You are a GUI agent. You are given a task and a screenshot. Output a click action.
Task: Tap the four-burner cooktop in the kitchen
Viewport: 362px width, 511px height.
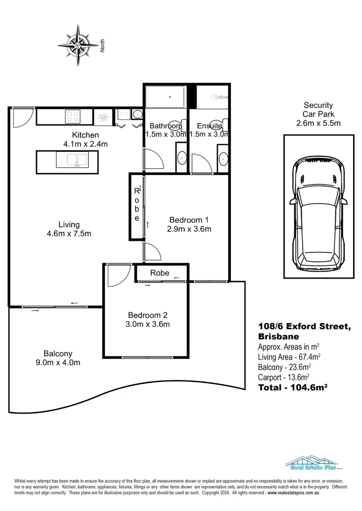73,116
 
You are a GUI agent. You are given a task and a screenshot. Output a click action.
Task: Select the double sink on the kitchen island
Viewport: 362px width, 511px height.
72,159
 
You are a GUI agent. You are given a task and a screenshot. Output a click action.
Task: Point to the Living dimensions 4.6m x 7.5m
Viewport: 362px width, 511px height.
69,233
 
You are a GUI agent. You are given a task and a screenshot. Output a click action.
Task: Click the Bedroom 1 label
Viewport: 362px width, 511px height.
189,220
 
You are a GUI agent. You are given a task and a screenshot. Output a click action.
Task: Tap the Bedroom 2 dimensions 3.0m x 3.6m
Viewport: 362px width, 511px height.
148,324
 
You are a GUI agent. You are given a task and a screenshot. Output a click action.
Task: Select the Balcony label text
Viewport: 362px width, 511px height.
58,353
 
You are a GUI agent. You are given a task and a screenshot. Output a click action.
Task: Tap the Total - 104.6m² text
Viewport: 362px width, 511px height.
293,387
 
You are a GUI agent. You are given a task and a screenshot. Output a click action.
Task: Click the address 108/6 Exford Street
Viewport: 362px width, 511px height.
304,326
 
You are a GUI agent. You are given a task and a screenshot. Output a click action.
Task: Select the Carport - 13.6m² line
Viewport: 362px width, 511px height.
283,377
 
